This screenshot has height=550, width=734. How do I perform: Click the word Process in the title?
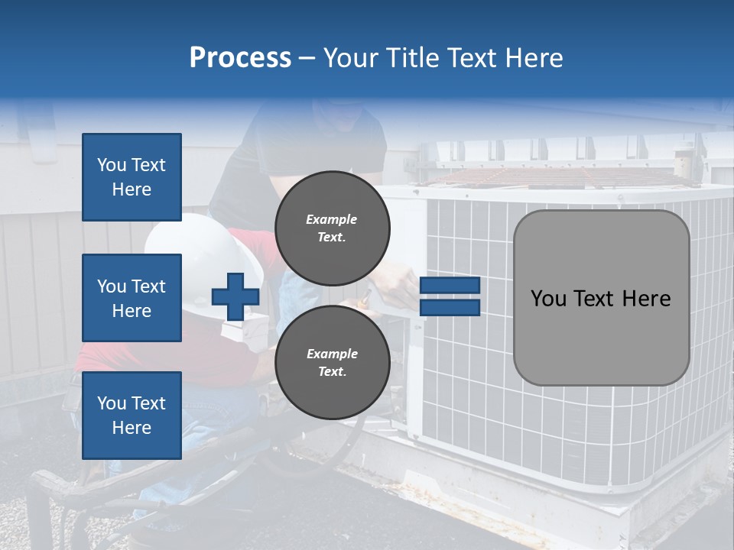coord(240,58)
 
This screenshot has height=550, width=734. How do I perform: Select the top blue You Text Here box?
coord(132,177)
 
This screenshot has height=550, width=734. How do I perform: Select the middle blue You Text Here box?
coord(132,298)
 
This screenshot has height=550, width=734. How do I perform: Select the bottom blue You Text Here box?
coord(132,415)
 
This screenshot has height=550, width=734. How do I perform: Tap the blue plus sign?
coord(235,296)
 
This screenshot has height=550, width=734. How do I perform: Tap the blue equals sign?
coord(450,296)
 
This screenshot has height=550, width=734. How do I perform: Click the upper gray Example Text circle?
coord(333,228)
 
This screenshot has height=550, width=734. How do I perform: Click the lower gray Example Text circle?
coord(333,362)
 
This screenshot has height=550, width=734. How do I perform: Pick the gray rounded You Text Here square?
coord(601,298)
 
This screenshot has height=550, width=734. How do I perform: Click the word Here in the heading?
coord(534,58)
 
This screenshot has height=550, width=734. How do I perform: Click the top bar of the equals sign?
coord(450,285)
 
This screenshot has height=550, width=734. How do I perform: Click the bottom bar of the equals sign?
coord(450,308)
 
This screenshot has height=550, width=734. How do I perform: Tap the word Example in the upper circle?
coord(331,219)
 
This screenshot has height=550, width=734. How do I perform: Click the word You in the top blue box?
coord(112,165)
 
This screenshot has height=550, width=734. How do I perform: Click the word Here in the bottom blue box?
coord(132,428)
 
